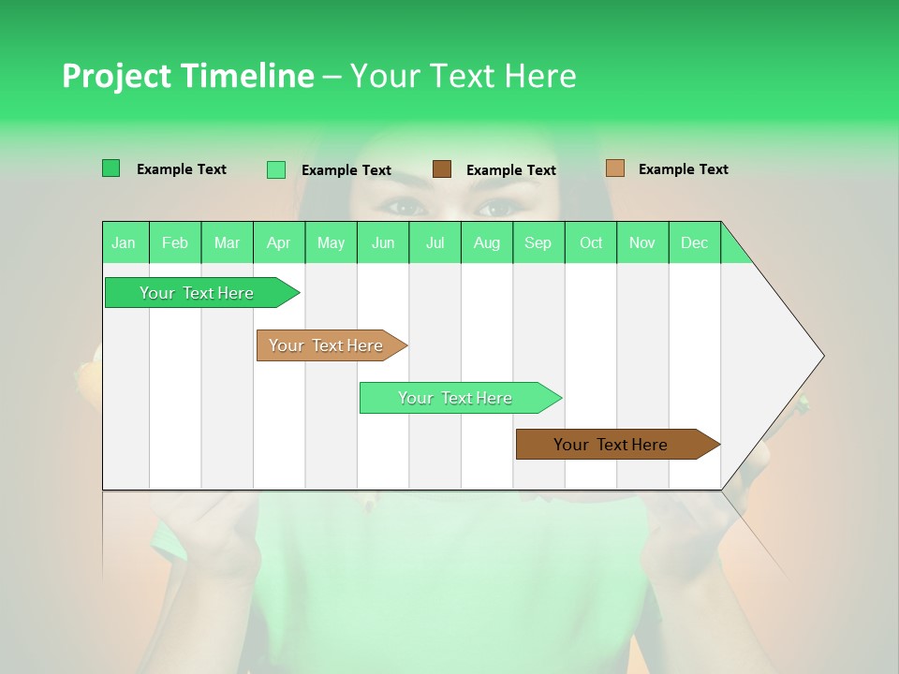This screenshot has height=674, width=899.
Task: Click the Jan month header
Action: (124, 242)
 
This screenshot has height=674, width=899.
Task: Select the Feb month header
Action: (175, 242)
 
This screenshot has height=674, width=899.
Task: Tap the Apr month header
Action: (278, 242)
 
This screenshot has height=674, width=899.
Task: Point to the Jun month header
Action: (383, 242)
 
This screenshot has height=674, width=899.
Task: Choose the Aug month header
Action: (486, 242)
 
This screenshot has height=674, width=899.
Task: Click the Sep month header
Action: (538, 242)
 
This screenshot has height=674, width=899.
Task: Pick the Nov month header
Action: (642, 242)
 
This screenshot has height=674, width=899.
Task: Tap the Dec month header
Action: (694, 242)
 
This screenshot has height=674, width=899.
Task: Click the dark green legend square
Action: (111, 168)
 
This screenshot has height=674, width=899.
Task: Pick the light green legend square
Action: (276, 169)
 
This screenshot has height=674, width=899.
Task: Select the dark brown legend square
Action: (442, 169)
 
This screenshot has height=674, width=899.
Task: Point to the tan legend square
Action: (615, 168)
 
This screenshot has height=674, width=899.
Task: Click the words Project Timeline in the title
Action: (187, 76)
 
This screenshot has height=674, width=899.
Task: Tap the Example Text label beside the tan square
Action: (683, 169)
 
